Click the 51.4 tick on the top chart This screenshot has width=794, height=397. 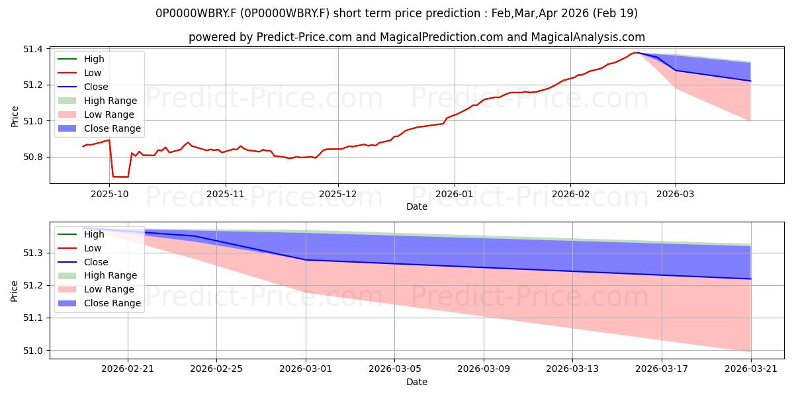click(x=33, y=49)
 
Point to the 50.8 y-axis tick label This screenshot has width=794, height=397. click(x=33, y=157)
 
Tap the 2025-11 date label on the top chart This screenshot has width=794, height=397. click(x=226, y=195)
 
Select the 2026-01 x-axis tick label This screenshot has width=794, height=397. click(x=454, y=195)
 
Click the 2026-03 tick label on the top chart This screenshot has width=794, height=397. click(x=676, y=195)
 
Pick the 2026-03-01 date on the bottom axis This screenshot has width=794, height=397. click(x=306, y=369)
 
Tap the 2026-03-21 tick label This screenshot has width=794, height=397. click(x=751, y=369)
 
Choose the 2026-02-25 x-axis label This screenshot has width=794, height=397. click(x=216, y=369)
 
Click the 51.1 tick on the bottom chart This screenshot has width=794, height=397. click(x=33, y=318)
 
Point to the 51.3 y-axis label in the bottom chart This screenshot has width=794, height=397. click(x=33, y=253)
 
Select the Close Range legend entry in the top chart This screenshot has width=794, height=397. click(x=99, y=128)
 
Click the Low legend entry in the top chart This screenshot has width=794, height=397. click(x=79, y=73)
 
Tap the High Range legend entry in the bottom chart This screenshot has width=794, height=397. click(x=97, y=275)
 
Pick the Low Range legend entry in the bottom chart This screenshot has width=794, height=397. click(x=96, y=289)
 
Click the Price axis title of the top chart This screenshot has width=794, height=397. click(x=15, y=116)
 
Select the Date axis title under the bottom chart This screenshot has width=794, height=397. click(x=417, y=382)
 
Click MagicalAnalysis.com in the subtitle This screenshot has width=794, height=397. click(x=588, y=37)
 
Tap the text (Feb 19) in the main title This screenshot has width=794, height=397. click(x=615, y=13)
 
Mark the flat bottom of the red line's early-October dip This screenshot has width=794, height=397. click(x=120, y=177)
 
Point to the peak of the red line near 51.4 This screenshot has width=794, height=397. click(x=637, y=53)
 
